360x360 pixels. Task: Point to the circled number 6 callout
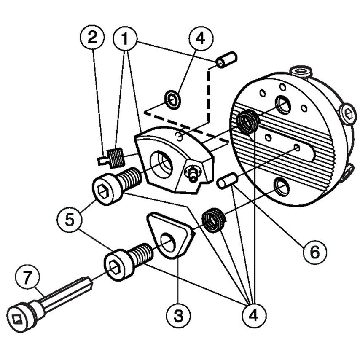click(x=312, y=253)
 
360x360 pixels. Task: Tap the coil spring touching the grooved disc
click(x=247, y=122)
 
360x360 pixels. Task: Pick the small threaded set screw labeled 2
click(x=112, y=158)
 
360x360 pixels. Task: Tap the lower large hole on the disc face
click(x=282, y=186)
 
